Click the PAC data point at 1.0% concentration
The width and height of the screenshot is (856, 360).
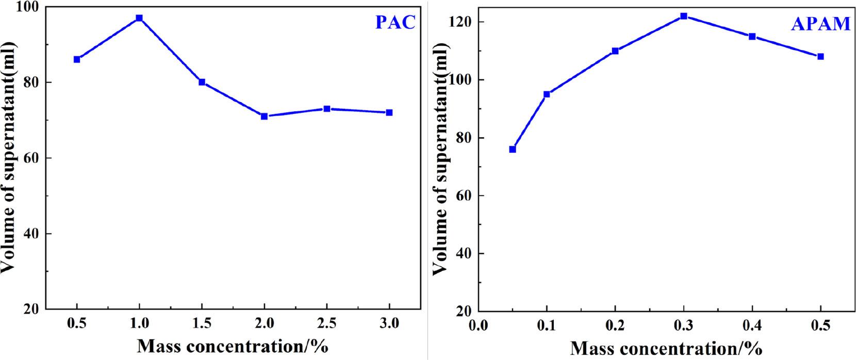tap(139, 18)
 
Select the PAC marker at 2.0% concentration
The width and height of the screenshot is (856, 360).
tap(264, 117)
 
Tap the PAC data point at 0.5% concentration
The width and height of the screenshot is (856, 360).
tap(77, 59)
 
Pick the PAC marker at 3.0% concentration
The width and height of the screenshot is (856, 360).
tap(389, 112)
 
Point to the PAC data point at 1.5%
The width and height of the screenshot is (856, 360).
tap(202, 83)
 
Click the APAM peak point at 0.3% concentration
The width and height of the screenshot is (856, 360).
tap(684, 16)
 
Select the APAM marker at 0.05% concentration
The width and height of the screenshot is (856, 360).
tap(513, 150)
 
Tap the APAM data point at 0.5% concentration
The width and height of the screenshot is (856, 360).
tap(820, 57)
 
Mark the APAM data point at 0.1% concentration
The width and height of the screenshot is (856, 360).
tap(547, 94)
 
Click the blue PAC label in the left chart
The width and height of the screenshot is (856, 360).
tap(395, 23)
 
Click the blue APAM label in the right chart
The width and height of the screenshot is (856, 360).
tap(820, 24)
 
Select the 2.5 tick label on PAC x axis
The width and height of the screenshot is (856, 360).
tap(326, 323)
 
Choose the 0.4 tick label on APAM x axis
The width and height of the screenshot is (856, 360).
tap(752, 326)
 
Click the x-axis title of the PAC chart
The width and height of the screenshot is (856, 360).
tap(233, 346)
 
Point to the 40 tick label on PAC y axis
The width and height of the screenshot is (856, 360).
tap(31, 234)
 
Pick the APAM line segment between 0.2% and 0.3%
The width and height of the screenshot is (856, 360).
tap(650, 34)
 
